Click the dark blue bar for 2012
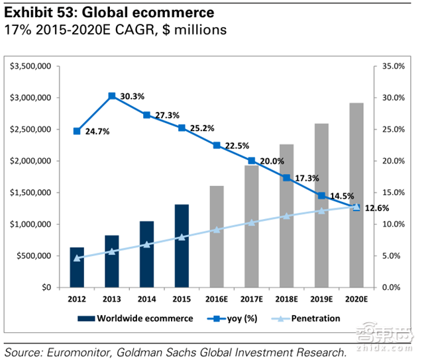click(x=78, y=267)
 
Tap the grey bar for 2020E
click(x=356, y=195)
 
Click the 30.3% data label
click(x=131, y=97)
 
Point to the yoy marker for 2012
click(x=78, y=131)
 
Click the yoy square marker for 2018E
click(x=286, y=177)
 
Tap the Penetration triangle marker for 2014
click(x=147, y=244)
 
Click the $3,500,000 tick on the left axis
click(x=31, y=66)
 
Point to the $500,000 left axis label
click(x=36, y=256)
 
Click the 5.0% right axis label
click(x=392, y=256)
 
